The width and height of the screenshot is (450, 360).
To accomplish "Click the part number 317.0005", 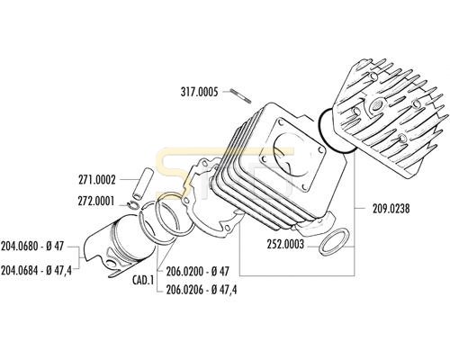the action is pos(199,92).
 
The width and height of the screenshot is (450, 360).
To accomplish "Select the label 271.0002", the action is pos(97,180).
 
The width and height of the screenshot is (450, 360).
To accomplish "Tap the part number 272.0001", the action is pos(96,201).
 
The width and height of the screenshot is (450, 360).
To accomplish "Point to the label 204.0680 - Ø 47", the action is pos(32,247).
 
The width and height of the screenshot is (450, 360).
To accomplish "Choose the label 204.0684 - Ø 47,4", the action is pos(36,270).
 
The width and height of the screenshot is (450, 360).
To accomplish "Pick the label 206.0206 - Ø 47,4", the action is pos(202,290).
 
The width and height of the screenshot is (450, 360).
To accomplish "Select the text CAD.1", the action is pos(143,281).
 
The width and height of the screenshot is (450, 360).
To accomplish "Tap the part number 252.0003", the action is pos(285,245).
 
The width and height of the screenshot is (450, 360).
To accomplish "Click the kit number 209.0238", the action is pos(391,209).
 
